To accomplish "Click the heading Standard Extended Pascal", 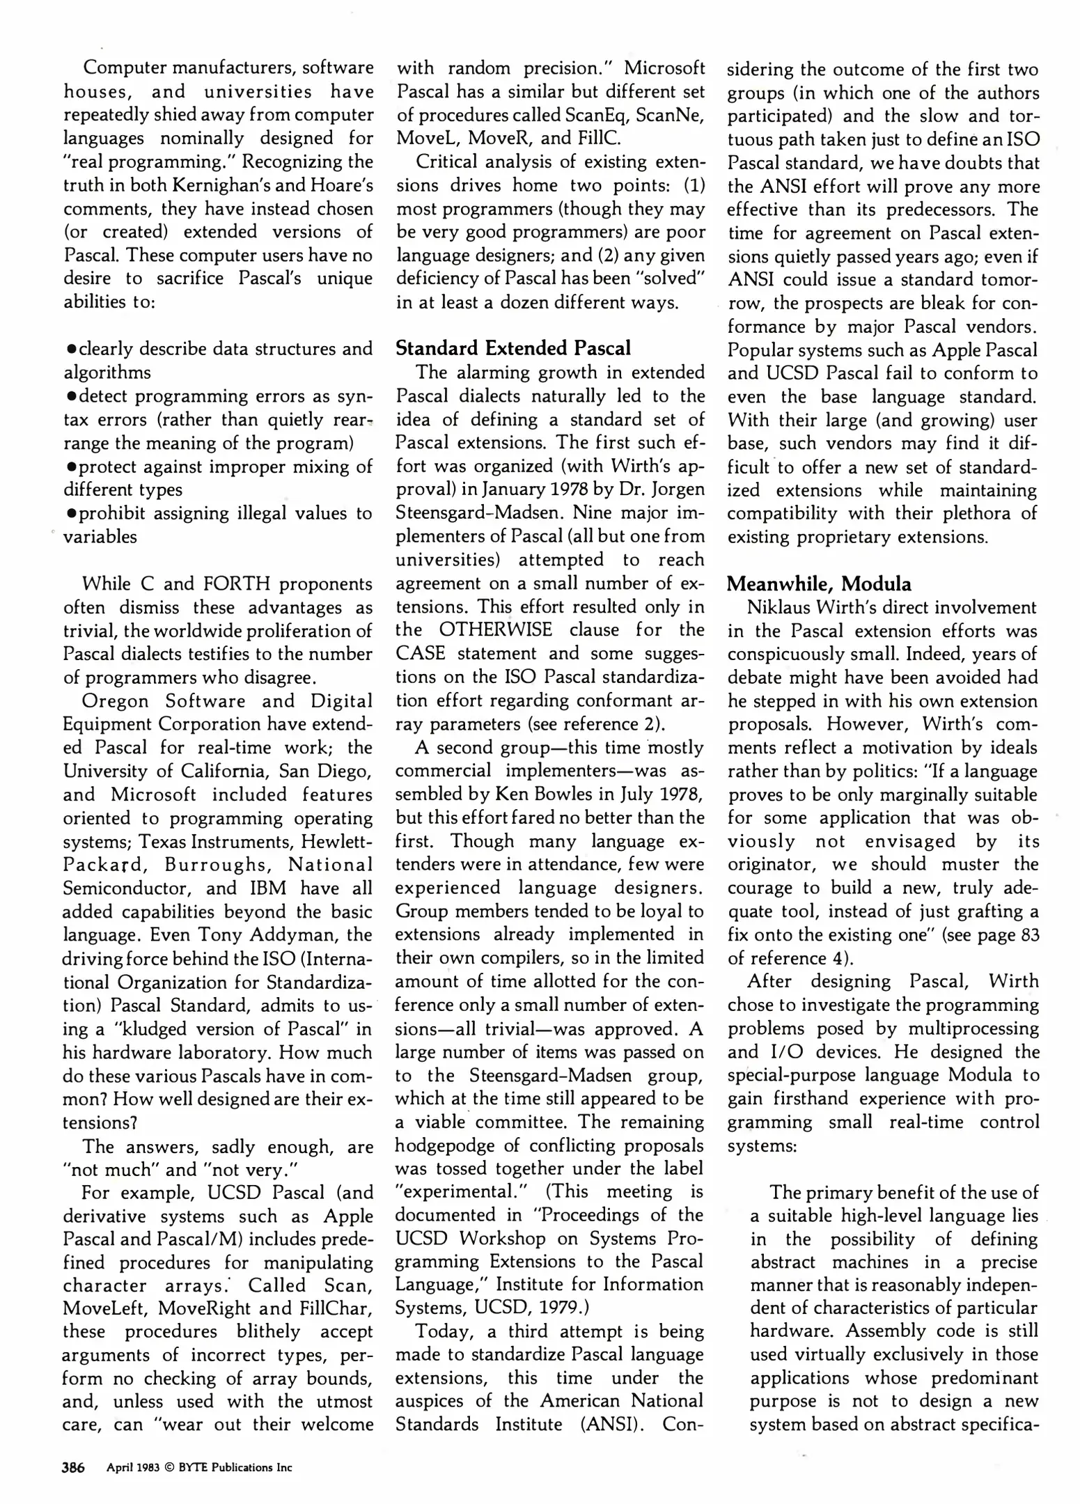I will (513, 347).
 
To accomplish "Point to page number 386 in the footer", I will (73, 1468).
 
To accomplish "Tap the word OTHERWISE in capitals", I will (495, 630).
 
